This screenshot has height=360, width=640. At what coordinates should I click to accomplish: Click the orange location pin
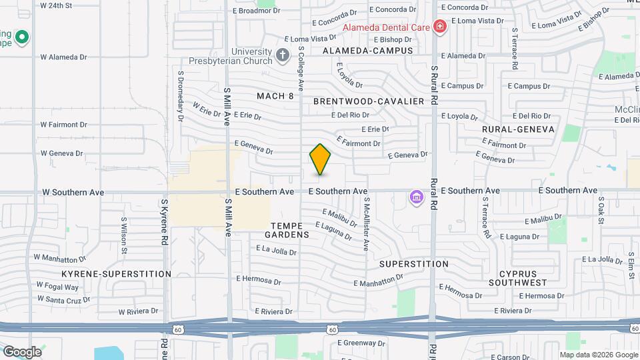point(320,159)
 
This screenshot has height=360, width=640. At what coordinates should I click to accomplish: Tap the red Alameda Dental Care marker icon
point(439,27)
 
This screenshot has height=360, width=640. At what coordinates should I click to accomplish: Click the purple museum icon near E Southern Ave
point(417,197)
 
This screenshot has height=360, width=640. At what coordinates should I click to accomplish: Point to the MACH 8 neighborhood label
point(275,96)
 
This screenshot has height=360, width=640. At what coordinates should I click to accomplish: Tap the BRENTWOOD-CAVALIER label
point(369,101)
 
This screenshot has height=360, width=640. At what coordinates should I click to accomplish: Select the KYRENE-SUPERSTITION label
point(117,274)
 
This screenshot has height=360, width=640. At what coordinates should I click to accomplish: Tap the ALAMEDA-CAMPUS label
point(368,51)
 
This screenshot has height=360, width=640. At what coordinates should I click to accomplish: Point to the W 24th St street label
point(65,5)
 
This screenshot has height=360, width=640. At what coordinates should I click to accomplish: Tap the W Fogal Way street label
point(57,287)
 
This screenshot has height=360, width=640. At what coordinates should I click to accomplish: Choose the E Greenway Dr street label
point(357,343)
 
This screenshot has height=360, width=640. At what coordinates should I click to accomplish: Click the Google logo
point(22,352)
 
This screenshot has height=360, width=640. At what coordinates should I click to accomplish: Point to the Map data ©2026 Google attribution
point(598,355)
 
